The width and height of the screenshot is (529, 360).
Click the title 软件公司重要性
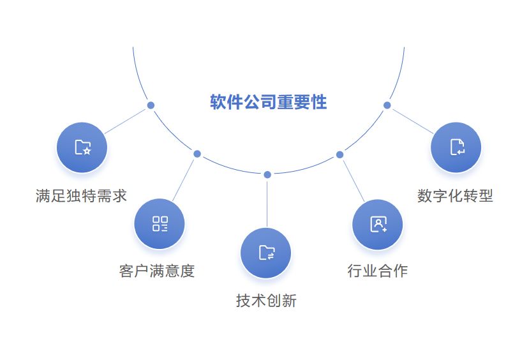268,102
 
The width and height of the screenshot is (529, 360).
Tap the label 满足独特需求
81,196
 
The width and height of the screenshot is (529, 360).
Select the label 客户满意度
156,271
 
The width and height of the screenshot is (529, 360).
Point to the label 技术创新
266,301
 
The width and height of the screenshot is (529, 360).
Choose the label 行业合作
377,271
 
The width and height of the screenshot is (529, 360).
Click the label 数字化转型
455,196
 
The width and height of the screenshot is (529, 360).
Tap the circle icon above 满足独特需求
82,147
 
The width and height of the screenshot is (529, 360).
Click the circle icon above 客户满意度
160,223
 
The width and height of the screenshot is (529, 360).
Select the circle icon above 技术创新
266,253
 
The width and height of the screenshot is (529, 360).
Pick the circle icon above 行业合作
378,224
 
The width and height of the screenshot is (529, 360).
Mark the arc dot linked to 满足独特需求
151,105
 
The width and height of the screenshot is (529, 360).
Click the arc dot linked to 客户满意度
197,154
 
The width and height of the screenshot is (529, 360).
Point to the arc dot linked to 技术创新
267,175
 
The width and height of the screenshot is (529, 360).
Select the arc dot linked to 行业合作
339,154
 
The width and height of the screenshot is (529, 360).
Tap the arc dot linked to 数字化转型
387,105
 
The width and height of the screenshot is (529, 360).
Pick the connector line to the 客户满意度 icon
184,179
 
